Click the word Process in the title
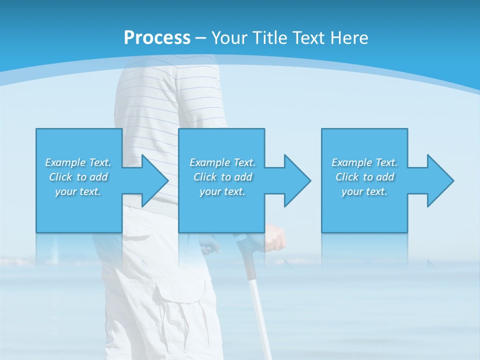pos(157,37)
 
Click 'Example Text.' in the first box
pos(78,162)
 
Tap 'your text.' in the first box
pos(78,191)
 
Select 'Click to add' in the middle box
pos(222,177)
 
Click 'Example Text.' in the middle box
pos(222,162)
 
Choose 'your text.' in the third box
pos(364,191)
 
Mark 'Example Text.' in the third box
pos(364,162)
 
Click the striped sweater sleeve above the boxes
pos(200,100)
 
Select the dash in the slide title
pos(201,38)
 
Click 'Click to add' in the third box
pos(364,177)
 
